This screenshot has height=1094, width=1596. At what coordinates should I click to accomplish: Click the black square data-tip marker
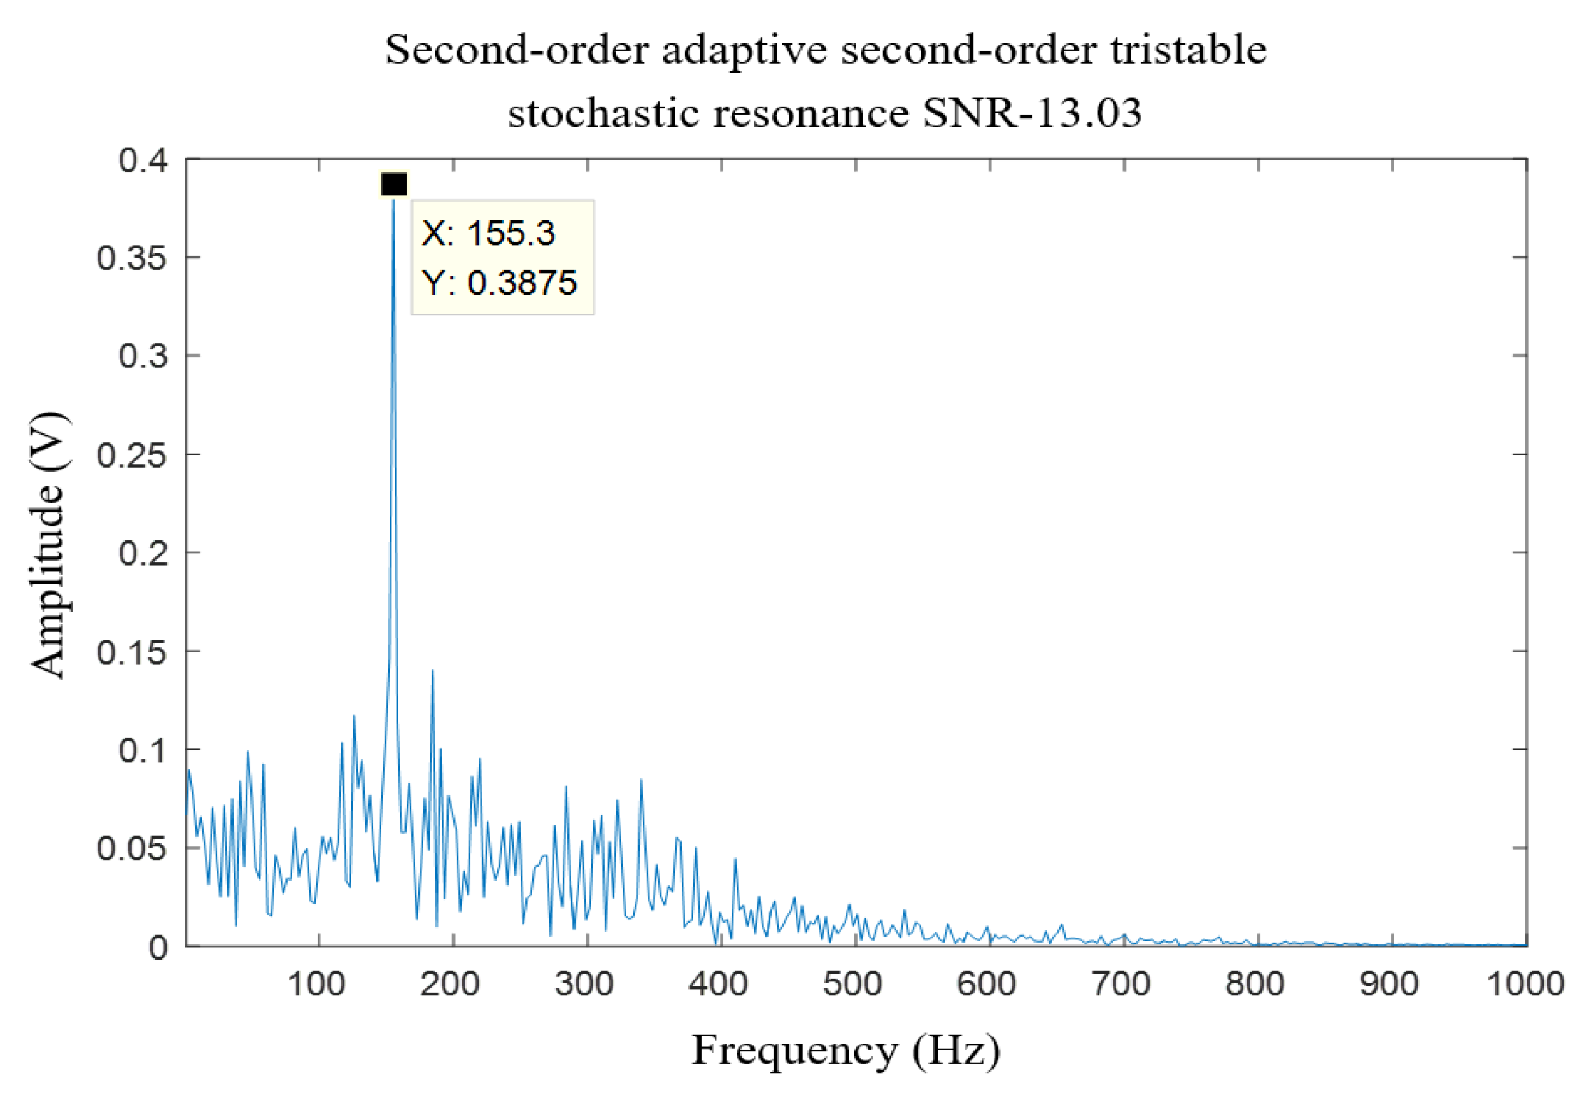[394, 184]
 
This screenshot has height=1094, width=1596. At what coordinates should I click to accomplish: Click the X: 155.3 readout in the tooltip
[488, 233]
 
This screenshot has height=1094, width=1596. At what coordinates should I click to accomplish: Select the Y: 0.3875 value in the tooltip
[499, 283]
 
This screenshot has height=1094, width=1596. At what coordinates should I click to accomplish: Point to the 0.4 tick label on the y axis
[143, 160]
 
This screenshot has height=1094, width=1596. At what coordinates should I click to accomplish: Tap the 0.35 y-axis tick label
[132, 258]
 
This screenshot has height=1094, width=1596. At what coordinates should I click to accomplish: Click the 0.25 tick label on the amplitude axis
[132, 456]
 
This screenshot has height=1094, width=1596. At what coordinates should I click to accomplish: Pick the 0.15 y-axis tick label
[132, 652]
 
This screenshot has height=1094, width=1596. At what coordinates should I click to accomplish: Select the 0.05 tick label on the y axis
[132, 849]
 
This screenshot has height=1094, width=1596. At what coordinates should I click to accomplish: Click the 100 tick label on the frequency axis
[316, 984]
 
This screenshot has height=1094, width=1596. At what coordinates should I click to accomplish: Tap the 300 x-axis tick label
[584, 984]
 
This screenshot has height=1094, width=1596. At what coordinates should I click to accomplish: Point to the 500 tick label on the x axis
[852, 984]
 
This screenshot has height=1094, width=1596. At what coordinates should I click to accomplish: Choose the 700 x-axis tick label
[1121, 984]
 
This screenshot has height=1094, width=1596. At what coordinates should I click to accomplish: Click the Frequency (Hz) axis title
[846, 1051]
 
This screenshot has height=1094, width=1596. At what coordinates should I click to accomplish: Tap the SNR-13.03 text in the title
[1032, 112]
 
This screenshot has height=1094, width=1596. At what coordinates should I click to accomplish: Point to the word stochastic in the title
[603, 112]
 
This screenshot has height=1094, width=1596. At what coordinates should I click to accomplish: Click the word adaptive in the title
[744, 50]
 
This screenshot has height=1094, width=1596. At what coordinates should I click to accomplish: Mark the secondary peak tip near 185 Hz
[432, 671]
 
